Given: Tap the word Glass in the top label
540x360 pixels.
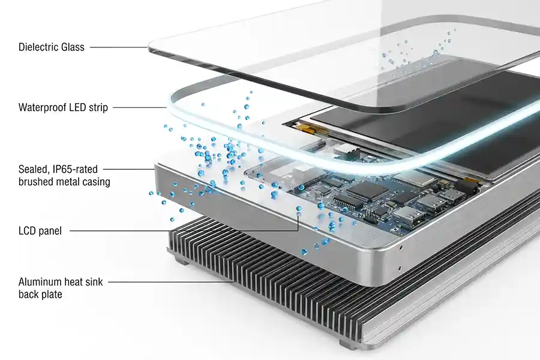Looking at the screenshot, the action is (x=73, y=47).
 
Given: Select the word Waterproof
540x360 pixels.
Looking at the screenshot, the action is (x=42, y=107).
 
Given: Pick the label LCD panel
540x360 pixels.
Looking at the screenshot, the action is (x=40, y=231).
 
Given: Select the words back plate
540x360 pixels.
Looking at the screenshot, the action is (x=40, y=295).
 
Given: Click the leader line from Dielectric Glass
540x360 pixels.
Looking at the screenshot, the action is (x=119, y=47).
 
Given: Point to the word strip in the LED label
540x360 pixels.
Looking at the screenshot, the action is (x=98, y=108).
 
